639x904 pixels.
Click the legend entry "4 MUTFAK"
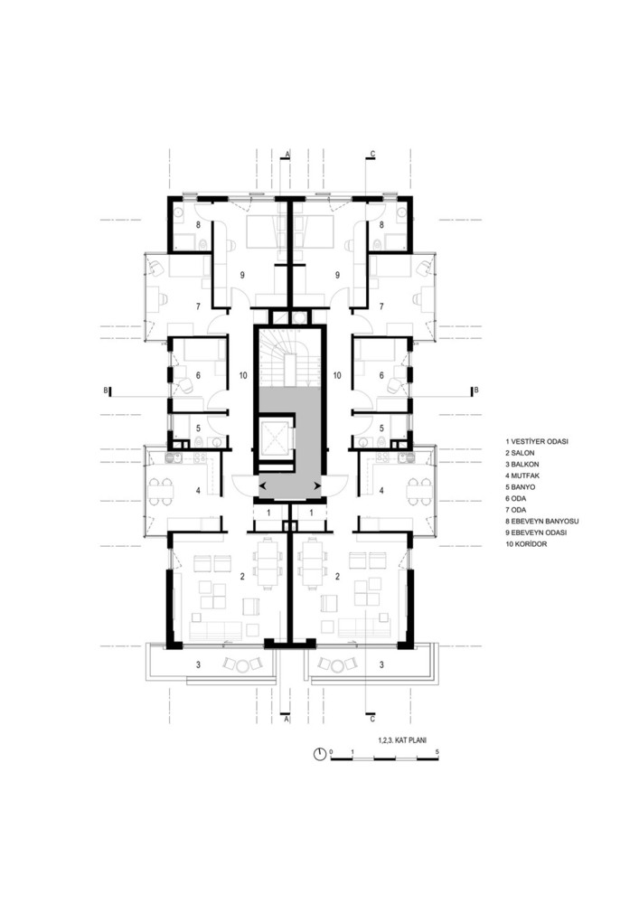[522, 476]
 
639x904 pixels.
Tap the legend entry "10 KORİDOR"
[526, 544]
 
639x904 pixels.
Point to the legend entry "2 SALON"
[519, 453]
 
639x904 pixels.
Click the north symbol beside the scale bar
[320, 754]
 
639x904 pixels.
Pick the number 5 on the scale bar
[438, 752]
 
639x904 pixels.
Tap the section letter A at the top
[286, 154]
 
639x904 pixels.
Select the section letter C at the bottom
[372, 719]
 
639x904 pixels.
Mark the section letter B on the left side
[106, 391]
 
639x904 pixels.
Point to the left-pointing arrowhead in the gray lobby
[263, 487]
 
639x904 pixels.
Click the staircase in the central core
[289, 359]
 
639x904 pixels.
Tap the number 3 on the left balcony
[198, 664]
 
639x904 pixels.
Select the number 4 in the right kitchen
[381, 491]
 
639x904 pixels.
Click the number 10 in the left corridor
[243, 375]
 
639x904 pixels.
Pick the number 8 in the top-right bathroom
[381, 224]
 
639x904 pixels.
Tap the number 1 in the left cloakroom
[268, 512]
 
